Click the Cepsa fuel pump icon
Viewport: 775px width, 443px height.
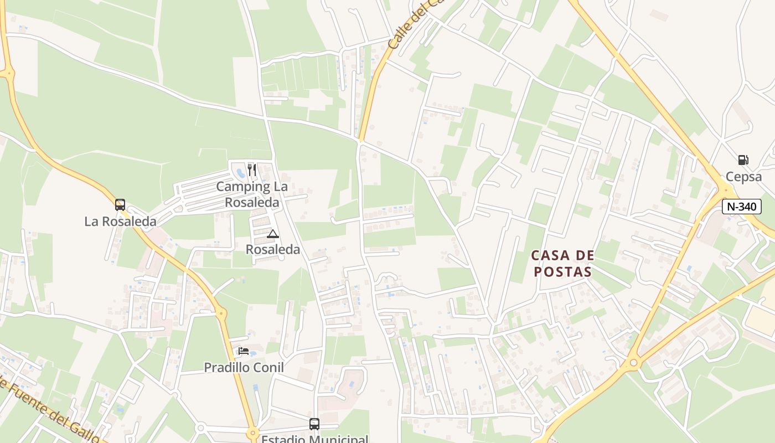coord(743,160)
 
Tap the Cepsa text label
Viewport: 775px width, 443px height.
coord(744,177)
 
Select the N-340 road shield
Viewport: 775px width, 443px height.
coord(742,207)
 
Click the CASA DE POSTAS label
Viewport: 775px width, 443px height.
coord(562,263)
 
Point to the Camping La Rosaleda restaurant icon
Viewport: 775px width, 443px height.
coord(252,169)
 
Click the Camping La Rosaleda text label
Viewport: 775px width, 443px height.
coord(252,194)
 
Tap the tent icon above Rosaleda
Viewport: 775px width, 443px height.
coord(272,234)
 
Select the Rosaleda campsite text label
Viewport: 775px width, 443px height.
coord(273,249)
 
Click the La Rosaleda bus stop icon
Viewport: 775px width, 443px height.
coord(120,205)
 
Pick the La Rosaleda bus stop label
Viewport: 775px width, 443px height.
coord(120,221)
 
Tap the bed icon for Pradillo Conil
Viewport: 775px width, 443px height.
coord(244,351)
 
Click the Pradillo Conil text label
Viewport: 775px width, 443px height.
coord(244,367)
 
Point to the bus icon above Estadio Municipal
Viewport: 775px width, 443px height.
coord(314,424)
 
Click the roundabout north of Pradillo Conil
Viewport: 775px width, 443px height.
coord(222,314)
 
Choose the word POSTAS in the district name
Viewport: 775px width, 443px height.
coord(562,271)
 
